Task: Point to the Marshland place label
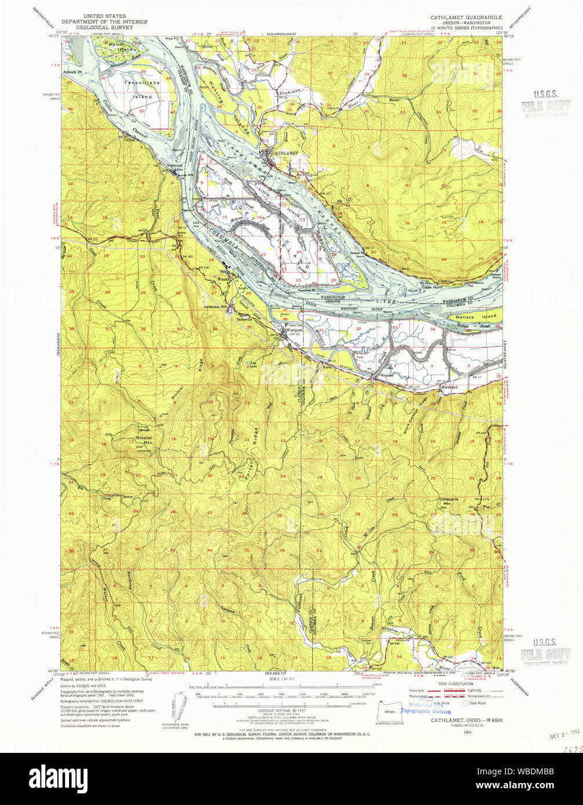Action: tap(449, 387)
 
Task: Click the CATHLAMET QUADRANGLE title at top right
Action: tap(466, 18)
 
